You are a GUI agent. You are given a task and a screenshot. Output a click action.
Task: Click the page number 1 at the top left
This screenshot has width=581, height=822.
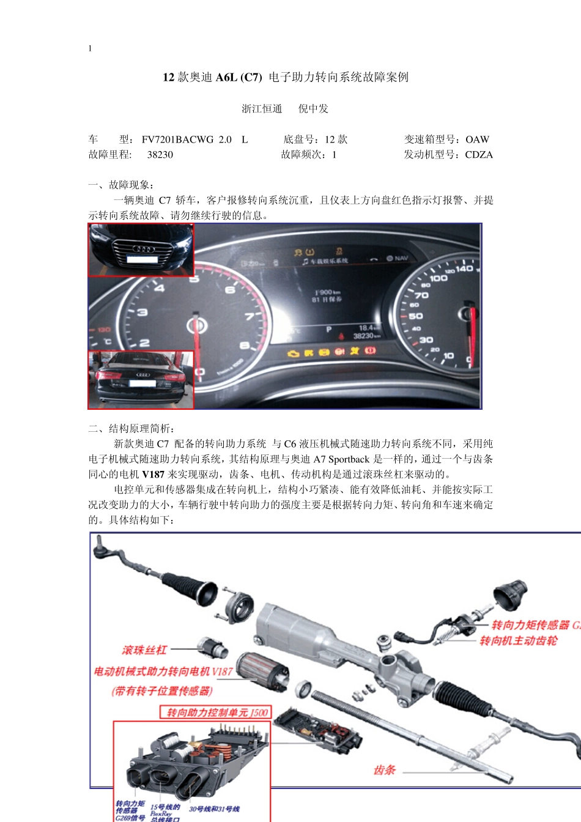coord(90,48)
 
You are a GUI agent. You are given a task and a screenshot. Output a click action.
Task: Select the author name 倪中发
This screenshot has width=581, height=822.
coord(313,109)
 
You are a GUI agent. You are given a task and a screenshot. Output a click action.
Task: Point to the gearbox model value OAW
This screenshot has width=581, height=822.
coord(477,139)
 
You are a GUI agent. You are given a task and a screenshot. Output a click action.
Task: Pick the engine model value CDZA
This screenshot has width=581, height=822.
coord(478,155)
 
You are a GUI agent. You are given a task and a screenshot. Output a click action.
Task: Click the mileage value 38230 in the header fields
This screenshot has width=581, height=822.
coord(160,155)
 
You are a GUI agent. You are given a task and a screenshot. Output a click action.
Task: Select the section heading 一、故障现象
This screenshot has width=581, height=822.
coord(121,185)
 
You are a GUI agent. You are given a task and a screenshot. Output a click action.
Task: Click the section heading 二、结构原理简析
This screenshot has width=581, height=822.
coord(131,428)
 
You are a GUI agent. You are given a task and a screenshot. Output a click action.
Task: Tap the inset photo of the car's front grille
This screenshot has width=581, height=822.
coord(141,250)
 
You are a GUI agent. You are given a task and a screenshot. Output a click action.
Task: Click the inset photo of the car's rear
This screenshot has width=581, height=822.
coord(141,379)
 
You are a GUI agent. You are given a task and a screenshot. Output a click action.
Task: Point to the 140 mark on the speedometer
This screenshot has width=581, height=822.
coord(464,268)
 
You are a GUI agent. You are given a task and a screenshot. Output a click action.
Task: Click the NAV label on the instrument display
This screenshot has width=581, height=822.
coord(401,258)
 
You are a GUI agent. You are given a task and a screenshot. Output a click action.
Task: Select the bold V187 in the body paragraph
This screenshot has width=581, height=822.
coord(153,474)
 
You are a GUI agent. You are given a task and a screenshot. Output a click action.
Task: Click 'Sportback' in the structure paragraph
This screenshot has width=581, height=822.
coord(349,459)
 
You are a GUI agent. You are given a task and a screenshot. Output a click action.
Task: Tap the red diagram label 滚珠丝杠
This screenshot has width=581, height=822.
coord(144,650)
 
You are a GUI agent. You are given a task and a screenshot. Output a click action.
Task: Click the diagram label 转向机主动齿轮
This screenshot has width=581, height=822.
coord(518,640)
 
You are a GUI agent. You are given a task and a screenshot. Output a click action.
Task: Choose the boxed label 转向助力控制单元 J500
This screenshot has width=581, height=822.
coord(217,713)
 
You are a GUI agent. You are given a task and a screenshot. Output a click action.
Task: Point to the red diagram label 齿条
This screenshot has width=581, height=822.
coord(385,770)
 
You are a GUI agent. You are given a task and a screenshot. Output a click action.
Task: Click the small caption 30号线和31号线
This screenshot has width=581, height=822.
coord(214,809)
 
